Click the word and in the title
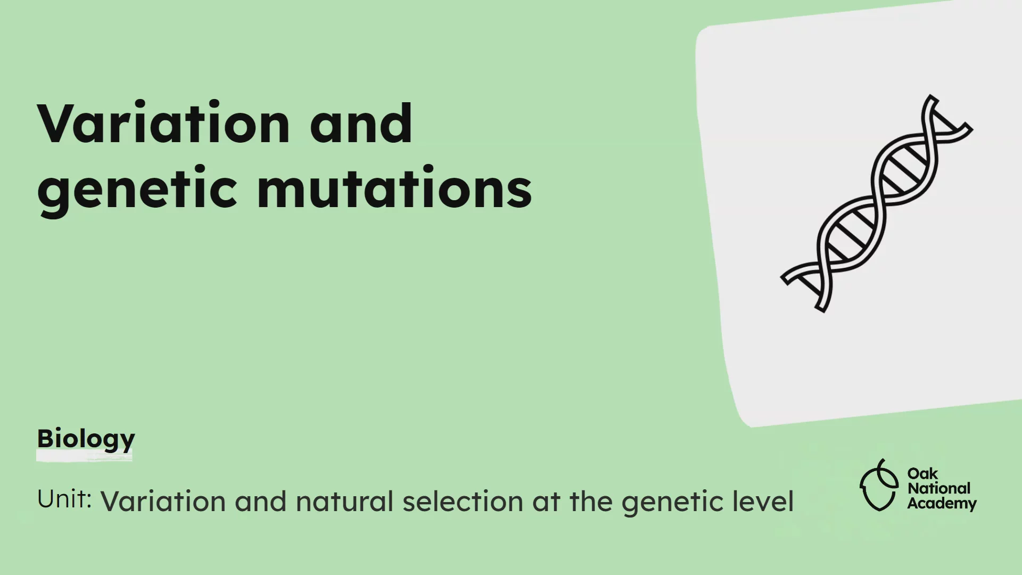point(361,124)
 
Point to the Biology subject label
point(86,439)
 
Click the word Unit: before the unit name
point(64,499)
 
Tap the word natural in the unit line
point(344,502)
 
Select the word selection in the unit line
point(463,502)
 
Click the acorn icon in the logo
point(879,486)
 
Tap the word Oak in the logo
point(922,473)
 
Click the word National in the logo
point(938,488)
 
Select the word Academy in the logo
point(942,504)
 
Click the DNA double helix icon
point(877,203)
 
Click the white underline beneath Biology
point(84,456)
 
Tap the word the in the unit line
point(590,502)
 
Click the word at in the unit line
point(546,502)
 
